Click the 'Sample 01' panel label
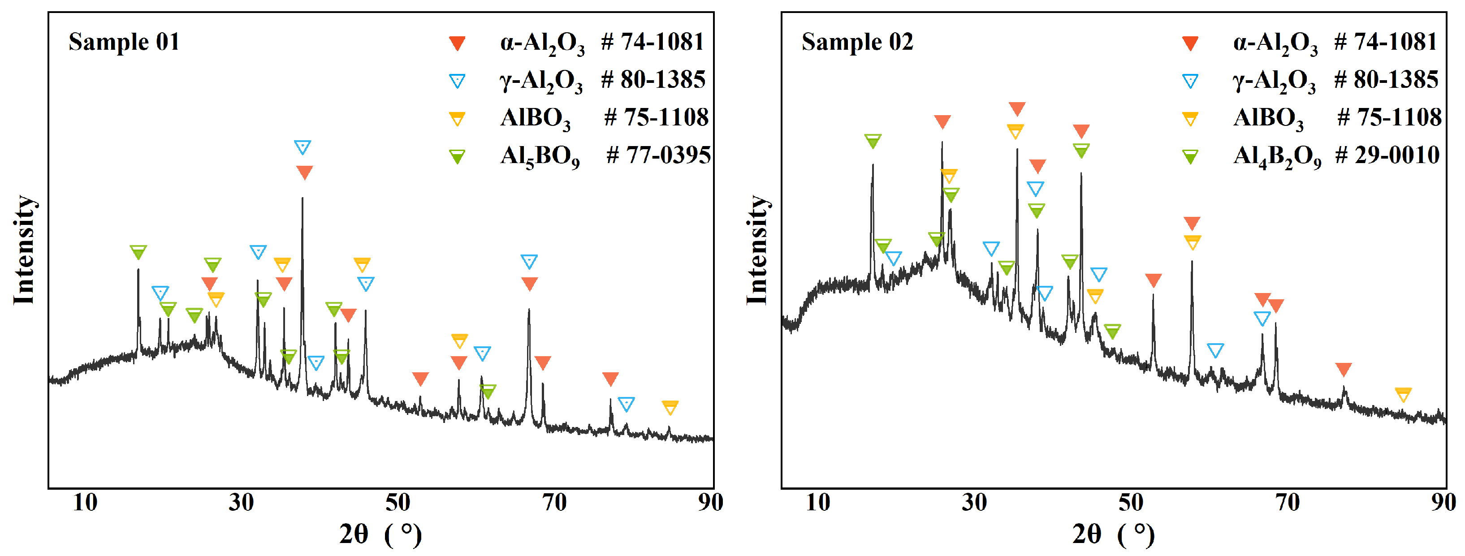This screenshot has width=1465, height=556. coord(124,42)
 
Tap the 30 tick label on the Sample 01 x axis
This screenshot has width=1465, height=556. coord(241,503)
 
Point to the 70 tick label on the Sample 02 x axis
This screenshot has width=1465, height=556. coord(1287,503)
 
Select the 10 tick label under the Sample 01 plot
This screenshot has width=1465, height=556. coord(85,503)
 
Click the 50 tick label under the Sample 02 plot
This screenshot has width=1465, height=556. coord(1131,503)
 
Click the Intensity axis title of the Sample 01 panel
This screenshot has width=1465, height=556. coord(24,250)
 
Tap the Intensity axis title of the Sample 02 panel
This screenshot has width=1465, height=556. coord(757,250)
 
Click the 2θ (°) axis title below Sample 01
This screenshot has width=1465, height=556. coord(380,534)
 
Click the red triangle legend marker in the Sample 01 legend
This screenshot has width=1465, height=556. coord(457,43)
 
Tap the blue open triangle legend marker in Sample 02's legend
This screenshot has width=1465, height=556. coord(1190,81)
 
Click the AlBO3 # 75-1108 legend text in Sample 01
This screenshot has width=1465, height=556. coord(604,118)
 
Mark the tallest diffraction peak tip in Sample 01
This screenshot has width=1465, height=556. coord(302,198)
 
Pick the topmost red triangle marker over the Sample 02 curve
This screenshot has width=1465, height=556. coord(1017,108)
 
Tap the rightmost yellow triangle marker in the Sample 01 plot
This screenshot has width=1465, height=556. coord(670,407)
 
